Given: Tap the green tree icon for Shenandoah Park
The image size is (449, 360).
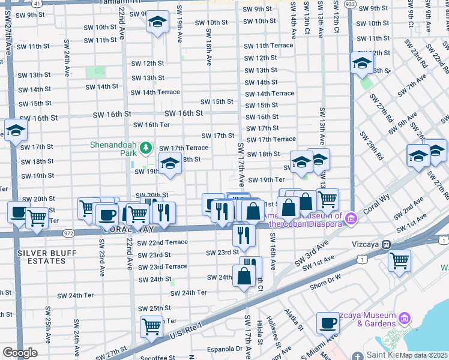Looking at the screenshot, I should pyautogui.click(x=145, y=147).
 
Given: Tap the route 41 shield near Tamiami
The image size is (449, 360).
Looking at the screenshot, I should pyautogui.click(x=37, y=3).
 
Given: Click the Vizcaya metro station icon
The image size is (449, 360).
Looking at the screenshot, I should pyautogui.click(x=387, y=244).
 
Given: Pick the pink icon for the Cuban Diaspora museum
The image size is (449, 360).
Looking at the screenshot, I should pyautogui.click(x=352, y=217).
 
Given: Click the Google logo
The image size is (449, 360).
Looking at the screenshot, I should pyautogui.click(x=20, y=353).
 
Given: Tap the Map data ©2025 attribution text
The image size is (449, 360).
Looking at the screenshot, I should pyautogui.click(x=424, y=355).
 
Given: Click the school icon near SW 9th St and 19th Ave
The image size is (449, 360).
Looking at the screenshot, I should pyautogui.click(x=157, y=23).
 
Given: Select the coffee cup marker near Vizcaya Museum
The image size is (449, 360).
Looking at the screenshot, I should pyautogui.click(x=328, y=323).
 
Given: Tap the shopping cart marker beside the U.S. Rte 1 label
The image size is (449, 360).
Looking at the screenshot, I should pyautogui.click(x=152, y=326).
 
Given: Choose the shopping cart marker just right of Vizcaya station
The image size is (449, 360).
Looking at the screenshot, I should pyautogui.click(x=400, y=260).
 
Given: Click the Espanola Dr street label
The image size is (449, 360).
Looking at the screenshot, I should pyautogui.click(x=221, y=348).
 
